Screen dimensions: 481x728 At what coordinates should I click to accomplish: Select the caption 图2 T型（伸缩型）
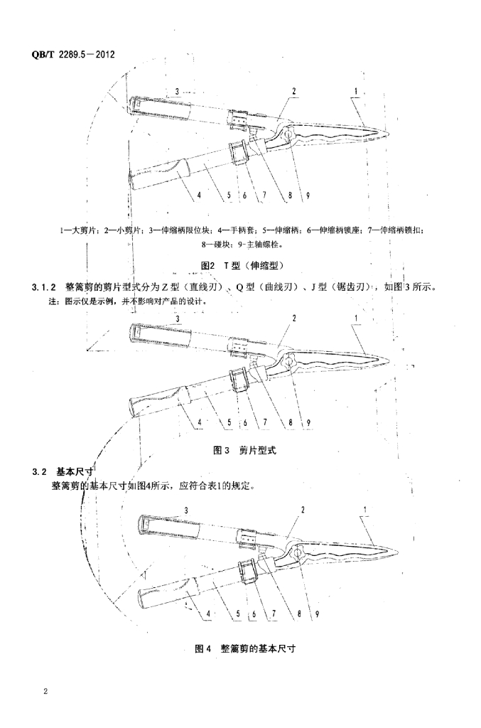point(242,265)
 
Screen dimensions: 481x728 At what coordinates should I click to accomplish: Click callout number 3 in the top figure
point(177,91)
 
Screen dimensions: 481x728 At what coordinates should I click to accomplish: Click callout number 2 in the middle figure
point(293,318)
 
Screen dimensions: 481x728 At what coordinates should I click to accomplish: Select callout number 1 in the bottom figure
point(365,509)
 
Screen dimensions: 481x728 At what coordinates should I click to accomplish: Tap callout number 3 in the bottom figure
point(186,510)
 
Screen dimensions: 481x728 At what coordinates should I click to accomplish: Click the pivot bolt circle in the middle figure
point(290,364)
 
